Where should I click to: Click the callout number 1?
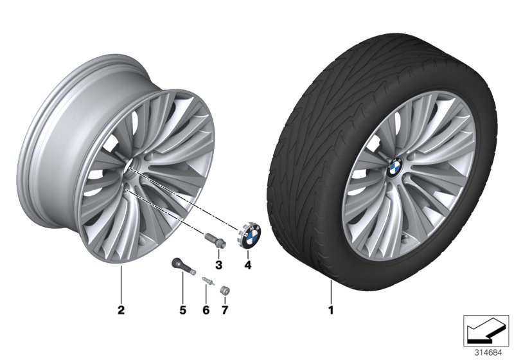332,312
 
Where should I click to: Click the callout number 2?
120,312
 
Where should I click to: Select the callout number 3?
218,265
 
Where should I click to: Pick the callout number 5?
182,311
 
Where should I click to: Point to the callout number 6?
206,311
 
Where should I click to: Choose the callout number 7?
225,311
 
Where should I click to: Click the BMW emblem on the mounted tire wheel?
395,166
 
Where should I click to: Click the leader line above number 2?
120,286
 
